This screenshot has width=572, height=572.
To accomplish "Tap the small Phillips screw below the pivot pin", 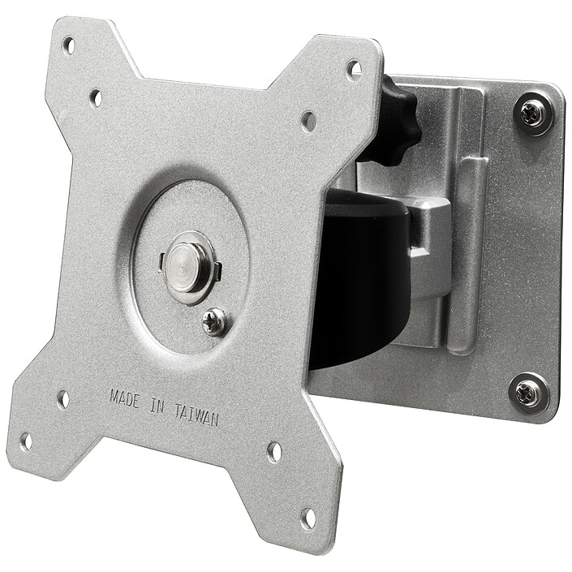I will (214, 321).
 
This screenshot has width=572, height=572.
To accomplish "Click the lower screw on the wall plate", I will (528, 393).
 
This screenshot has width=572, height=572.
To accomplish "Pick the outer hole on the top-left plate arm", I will (69, 45).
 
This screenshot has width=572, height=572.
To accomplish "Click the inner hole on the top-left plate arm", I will (96, 98).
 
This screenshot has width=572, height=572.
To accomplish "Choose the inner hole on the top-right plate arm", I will (308, 122).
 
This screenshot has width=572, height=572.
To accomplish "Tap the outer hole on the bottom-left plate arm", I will (26, 441).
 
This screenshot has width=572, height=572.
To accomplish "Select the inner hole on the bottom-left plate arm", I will (62, 399).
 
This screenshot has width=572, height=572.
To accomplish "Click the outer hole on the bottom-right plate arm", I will (308, 516).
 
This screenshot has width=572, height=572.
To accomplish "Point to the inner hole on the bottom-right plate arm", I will (275, 452).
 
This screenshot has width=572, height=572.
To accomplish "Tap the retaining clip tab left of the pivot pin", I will (162, 260).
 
